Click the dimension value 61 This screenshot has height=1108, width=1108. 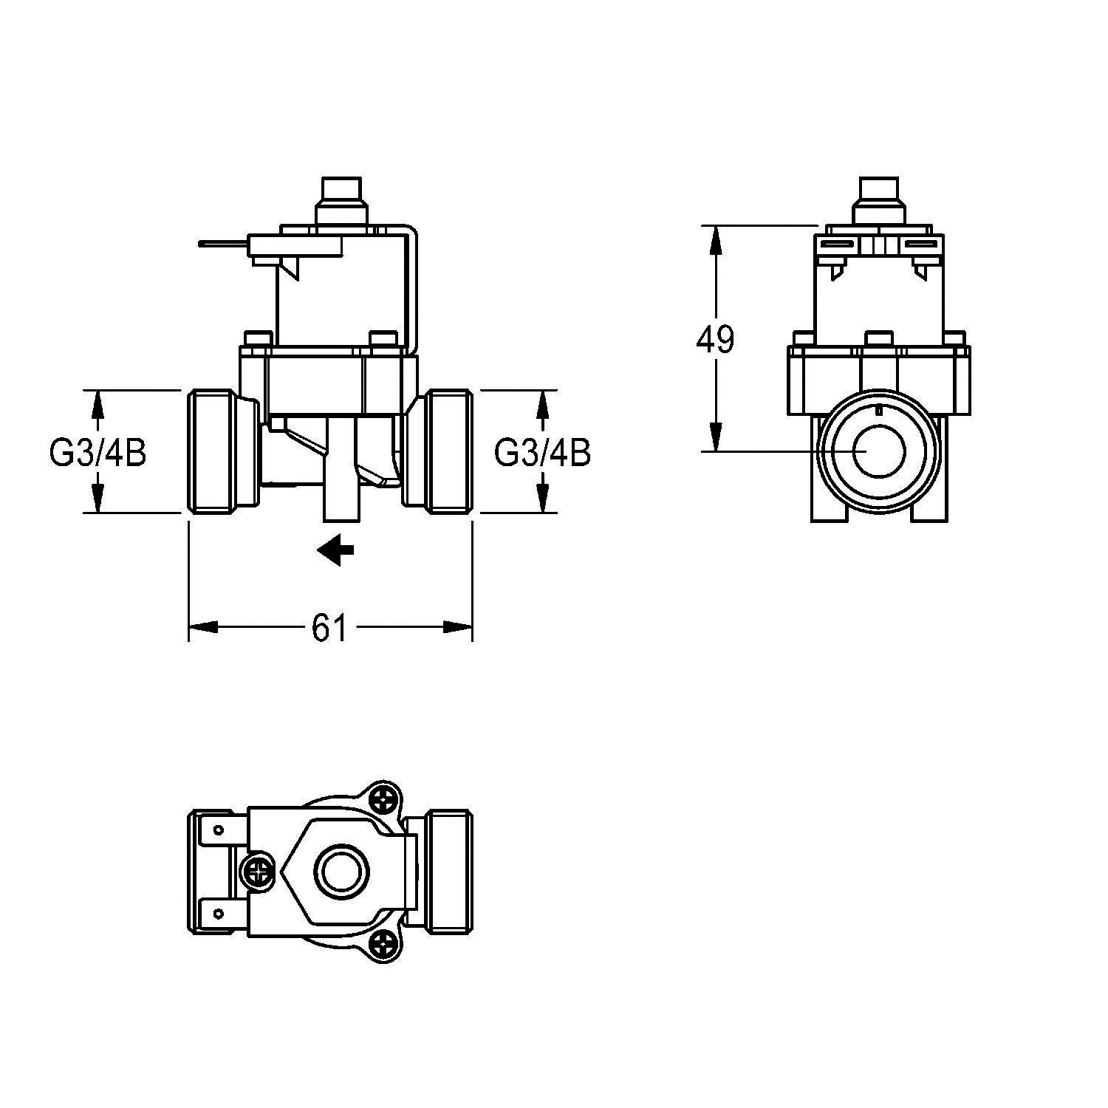coord(329,628)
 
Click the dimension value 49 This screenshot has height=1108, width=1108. coord(715,340)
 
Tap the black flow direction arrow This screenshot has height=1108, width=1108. coord(336,550)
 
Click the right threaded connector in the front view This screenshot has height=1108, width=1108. coord(437,451)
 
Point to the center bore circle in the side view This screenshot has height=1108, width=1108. coord(878,451)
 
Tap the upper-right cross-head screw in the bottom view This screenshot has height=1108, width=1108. coord(385,798)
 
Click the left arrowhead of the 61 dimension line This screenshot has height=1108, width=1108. coord(203,627)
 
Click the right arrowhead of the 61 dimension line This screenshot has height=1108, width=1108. coord(457,627)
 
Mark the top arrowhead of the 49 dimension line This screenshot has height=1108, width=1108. coord(715,240)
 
